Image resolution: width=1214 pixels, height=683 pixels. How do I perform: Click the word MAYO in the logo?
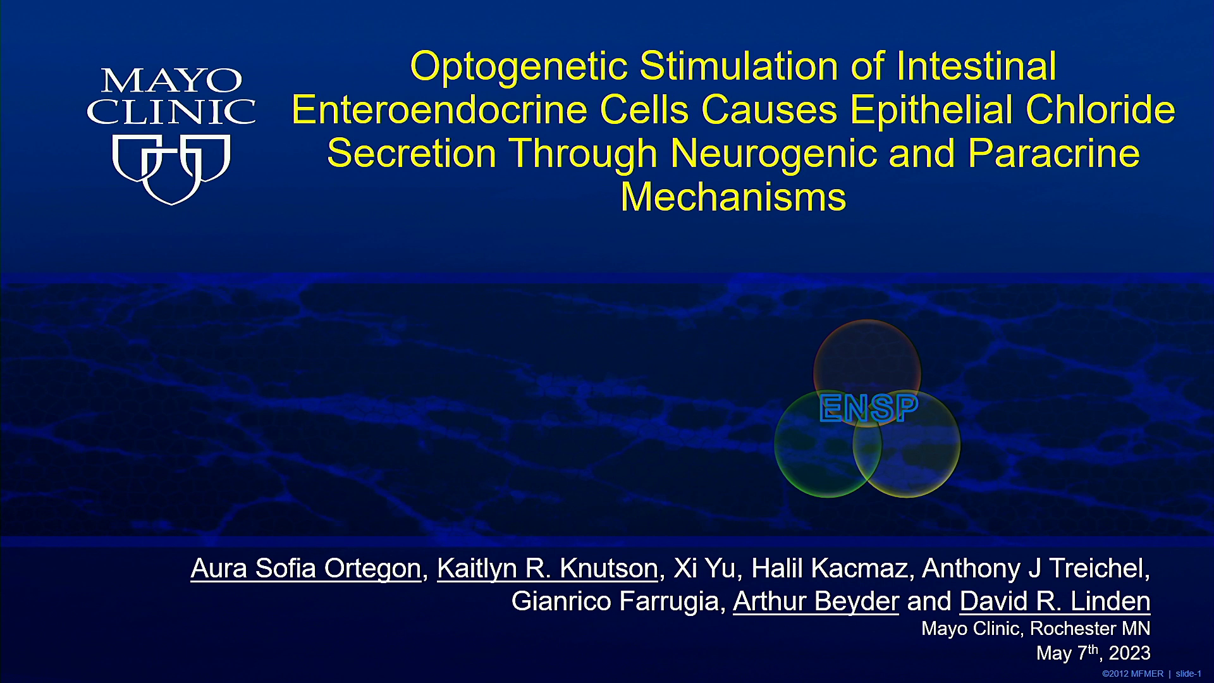171,81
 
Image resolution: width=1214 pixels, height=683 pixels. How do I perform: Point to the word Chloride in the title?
1100,109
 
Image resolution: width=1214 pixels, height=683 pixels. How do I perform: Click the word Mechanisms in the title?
733,197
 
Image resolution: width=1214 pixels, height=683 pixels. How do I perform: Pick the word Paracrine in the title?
1053,154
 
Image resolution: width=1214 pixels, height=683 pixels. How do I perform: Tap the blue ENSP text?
868,408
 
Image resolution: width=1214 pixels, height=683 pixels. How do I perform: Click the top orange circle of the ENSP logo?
867,321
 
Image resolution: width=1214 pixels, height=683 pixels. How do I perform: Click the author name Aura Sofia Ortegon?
306,569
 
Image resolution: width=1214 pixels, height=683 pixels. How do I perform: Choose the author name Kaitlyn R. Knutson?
548,569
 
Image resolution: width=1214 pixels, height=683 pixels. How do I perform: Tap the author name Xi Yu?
704,569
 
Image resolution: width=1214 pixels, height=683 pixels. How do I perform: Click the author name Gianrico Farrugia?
615,601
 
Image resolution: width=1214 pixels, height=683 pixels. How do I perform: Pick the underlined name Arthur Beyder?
816,601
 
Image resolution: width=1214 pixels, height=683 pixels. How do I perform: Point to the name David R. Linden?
1055,601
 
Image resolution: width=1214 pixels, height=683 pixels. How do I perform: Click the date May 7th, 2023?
1093,652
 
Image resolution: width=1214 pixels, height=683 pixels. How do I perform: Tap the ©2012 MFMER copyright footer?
1132,674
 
